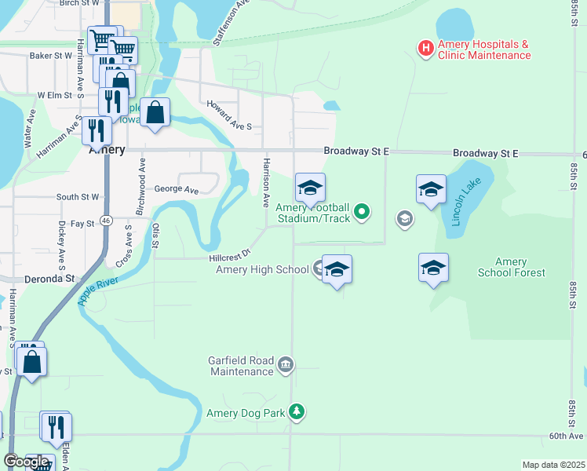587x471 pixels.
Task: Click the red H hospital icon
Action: (425, 49)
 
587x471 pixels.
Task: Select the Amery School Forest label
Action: (511, 267)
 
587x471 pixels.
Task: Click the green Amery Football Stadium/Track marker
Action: (362, 210)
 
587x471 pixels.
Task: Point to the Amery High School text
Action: (262, 270)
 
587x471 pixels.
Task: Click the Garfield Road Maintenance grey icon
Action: (286, 364)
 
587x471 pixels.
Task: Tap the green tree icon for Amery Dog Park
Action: (296, 411)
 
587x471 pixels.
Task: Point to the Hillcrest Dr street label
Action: (229, 256)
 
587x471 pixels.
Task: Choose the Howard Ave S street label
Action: (228, 115)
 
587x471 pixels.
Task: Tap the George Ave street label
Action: (177, 189)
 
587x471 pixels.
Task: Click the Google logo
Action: (26, 462)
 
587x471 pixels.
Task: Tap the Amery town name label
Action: (107, 150)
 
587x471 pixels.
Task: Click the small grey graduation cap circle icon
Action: (404, 218)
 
